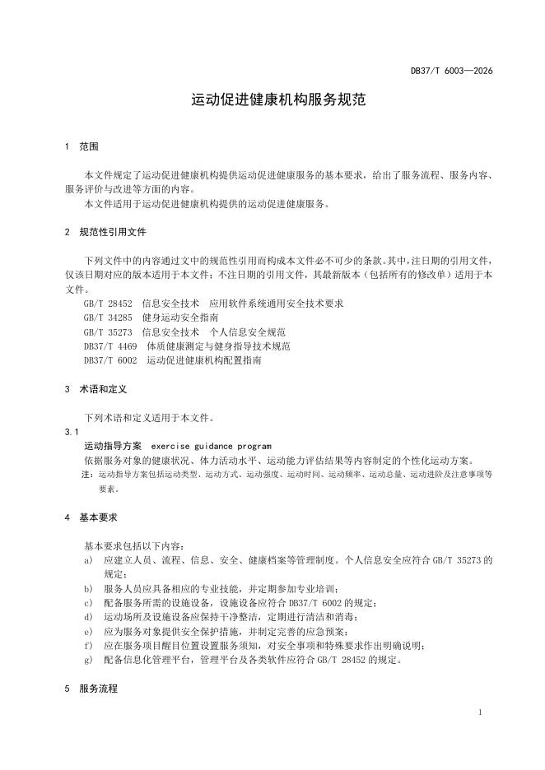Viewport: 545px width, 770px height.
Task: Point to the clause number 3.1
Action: tap(71, 432)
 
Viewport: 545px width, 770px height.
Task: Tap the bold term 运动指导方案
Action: tap(113, 446)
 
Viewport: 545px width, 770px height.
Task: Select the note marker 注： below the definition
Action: tap(87, 475)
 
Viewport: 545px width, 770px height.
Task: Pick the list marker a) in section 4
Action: tap(88, 560)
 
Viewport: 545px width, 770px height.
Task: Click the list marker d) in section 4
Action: tap(88, 617)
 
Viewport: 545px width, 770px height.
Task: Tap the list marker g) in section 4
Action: tap(88, 660)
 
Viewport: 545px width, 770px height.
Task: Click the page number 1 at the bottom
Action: tap(479, 712)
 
